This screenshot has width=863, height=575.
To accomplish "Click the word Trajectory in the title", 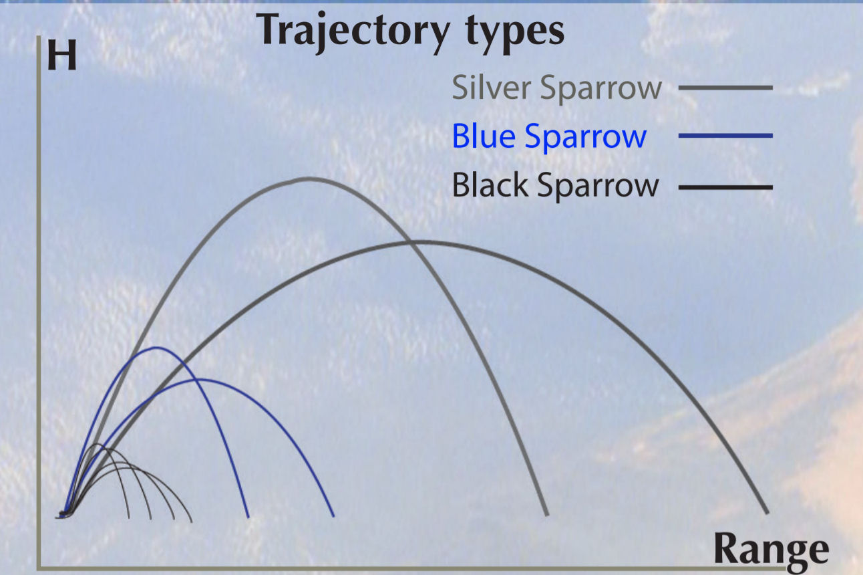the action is [353, 32].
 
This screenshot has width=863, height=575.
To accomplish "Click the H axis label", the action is [62, 55].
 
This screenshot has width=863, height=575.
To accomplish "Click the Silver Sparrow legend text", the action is [556, 89].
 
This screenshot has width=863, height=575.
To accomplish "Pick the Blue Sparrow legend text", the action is [549, 136].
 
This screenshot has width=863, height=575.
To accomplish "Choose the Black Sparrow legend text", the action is [555, 185].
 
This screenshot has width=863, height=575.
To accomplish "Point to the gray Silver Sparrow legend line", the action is [725, 88].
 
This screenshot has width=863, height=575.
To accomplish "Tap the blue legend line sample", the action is [725, 136].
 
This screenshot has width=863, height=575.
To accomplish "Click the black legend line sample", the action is [725, 187].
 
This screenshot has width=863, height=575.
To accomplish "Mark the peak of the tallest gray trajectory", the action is [308, 179].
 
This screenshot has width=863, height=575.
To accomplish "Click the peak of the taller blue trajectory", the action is [156, 348].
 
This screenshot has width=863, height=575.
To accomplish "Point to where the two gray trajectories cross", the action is [409, 242].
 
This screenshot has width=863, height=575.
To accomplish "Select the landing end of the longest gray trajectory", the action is [767, 513].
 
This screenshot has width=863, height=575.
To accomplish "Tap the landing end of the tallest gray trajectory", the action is [546, 514].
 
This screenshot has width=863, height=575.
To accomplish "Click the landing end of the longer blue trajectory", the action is [333, 515].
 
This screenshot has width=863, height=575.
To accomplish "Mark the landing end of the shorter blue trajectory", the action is [248, 516].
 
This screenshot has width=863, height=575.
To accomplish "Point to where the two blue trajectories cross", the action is [196, 380].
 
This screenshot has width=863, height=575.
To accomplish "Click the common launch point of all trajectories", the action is [63, 514].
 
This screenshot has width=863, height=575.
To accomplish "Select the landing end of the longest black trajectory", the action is [192, 522].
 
